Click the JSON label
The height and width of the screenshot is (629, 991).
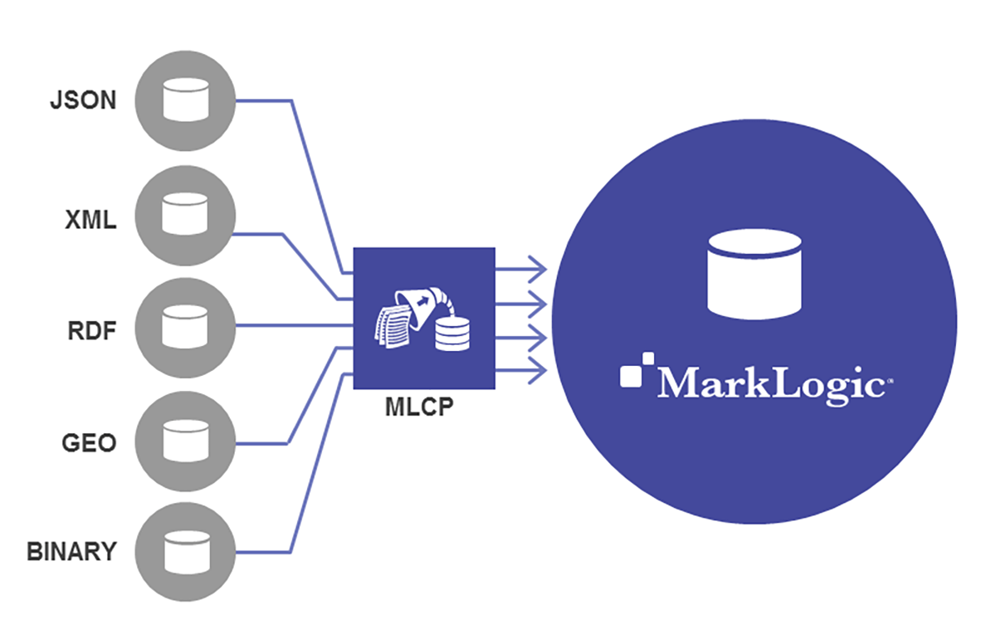pos(82,101)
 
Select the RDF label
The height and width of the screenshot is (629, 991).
pos(90,331)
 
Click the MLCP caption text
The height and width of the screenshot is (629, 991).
pos(423,410)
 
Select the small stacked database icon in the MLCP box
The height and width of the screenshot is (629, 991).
pos(451,333)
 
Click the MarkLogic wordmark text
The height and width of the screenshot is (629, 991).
pos(772,383)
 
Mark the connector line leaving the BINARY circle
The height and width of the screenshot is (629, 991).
pos(266,551)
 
